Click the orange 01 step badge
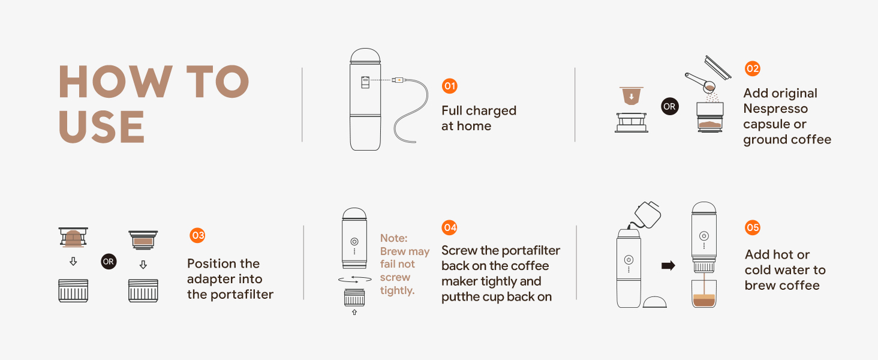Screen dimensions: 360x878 tap(449, 86)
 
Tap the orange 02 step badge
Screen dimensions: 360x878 tap(752, 68)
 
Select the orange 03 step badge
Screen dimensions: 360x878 tap(197, 235)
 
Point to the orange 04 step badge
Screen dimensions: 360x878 tap(449, 227)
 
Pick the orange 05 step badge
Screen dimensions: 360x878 tap(752, 227)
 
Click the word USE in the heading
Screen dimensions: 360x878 tap(102, 127)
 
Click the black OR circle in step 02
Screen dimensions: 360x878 tap(669, 107)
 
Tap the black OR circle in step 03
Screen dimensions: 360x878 tap(109, 262)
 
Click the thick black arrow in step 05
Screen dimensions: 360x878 tap(668, 265)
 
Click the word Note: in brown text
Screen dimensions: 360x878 tap(393, 238)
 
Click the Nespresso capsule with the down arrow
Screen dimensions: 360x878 tap(631, 96)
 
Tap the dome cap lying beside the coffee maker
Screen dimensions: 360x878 tap(656, 302)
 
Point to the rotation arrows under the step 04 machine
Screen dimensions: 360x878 tap(354, 279)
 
